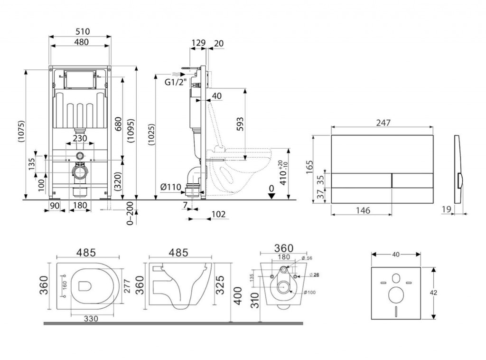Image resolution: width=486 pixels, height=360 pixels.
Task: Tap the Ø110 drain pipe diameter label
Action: [x=170, y=187]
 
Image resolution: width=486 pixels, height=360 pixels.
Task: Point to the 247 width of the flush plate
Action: [x=383, y=123]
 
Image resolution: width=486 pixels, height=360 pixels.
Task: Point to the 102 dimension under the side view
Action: [x=219, y=215]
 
